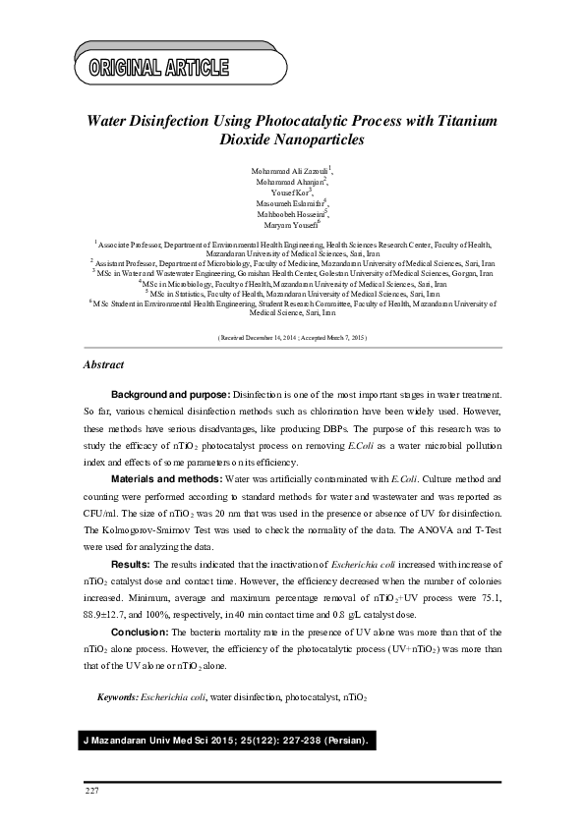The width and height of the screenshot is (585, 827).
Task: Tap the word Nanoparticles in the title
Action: coord(313,139)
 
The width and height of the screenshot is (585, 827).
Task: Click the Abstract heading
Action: coord(103,365)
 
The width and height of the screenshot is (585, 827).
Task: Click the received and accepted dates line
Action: coord(291,336)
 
